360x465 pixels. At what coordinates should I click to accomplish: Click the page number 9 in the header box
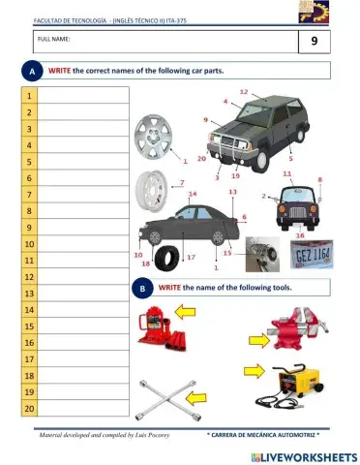coord(314,42)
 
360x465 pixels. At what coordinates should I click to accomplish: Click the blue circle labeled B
coord(142,288)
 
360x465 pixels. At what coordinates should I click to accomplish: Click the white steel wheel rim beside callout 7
coord(153,188)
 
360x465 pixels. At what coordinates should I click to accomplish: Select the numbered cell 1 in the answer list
coord(29,96)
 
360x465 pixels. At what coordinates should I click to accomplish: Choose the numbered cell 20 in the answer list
coord(29,408)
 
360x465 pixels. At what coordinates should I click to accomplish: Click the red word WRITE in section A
coord(61,72)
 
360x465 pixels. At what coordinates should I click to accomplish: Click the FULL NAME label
coord(54,38)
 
